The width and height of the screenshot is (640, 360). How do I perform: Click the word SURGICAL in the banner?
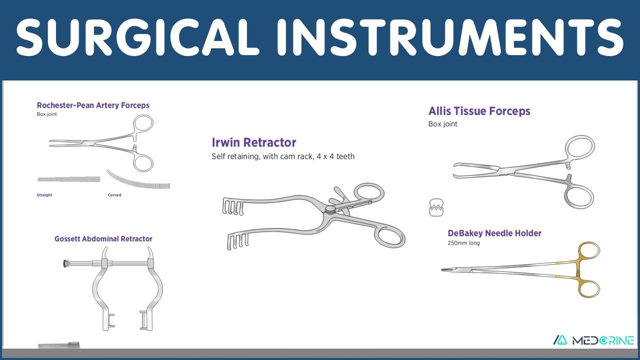point(137,37)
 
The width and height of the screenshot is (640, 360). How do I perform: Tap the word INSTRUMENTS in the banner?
point(450,37)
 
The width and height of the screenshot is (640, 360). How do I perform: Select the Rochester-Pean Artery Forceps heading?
point(93,105)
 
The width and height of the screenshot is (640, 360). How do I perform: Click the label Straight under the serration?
point(44,195)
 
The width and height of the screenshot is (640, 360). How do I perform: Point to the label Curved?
point(114,195)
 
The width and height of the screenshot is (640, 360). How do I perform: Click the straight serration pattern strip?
point(69,179)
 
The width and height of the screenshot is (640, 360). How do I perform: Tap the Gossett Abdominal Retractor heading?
point(103,239)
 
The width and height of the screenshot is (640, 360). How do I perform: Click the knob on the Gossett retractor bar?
point(66,263)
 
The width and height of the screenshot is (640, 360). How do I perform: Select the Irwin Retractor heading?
point(253,142)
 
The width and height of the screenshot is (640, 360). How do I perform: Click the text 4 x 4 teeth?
point(335,156)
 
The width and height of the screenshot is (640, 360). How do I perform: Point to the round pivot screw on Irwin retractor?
point(330,209)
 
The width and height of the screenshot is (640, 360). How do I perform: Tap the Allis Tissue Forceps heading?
point(479,111)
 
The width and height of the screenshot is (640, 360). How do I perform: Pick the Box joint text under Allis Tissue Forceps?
point(442,124)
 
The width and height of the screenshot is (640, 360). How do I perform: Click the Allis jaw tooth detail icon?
point(436,207)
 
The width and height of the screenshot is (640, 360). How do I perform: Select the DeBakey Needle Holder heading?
point(494,233)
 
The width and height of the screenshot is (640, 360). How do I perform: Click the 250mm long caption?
point(463,243)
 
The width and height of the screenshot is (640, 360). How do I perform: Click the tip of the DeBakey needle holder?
point(441,269)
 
